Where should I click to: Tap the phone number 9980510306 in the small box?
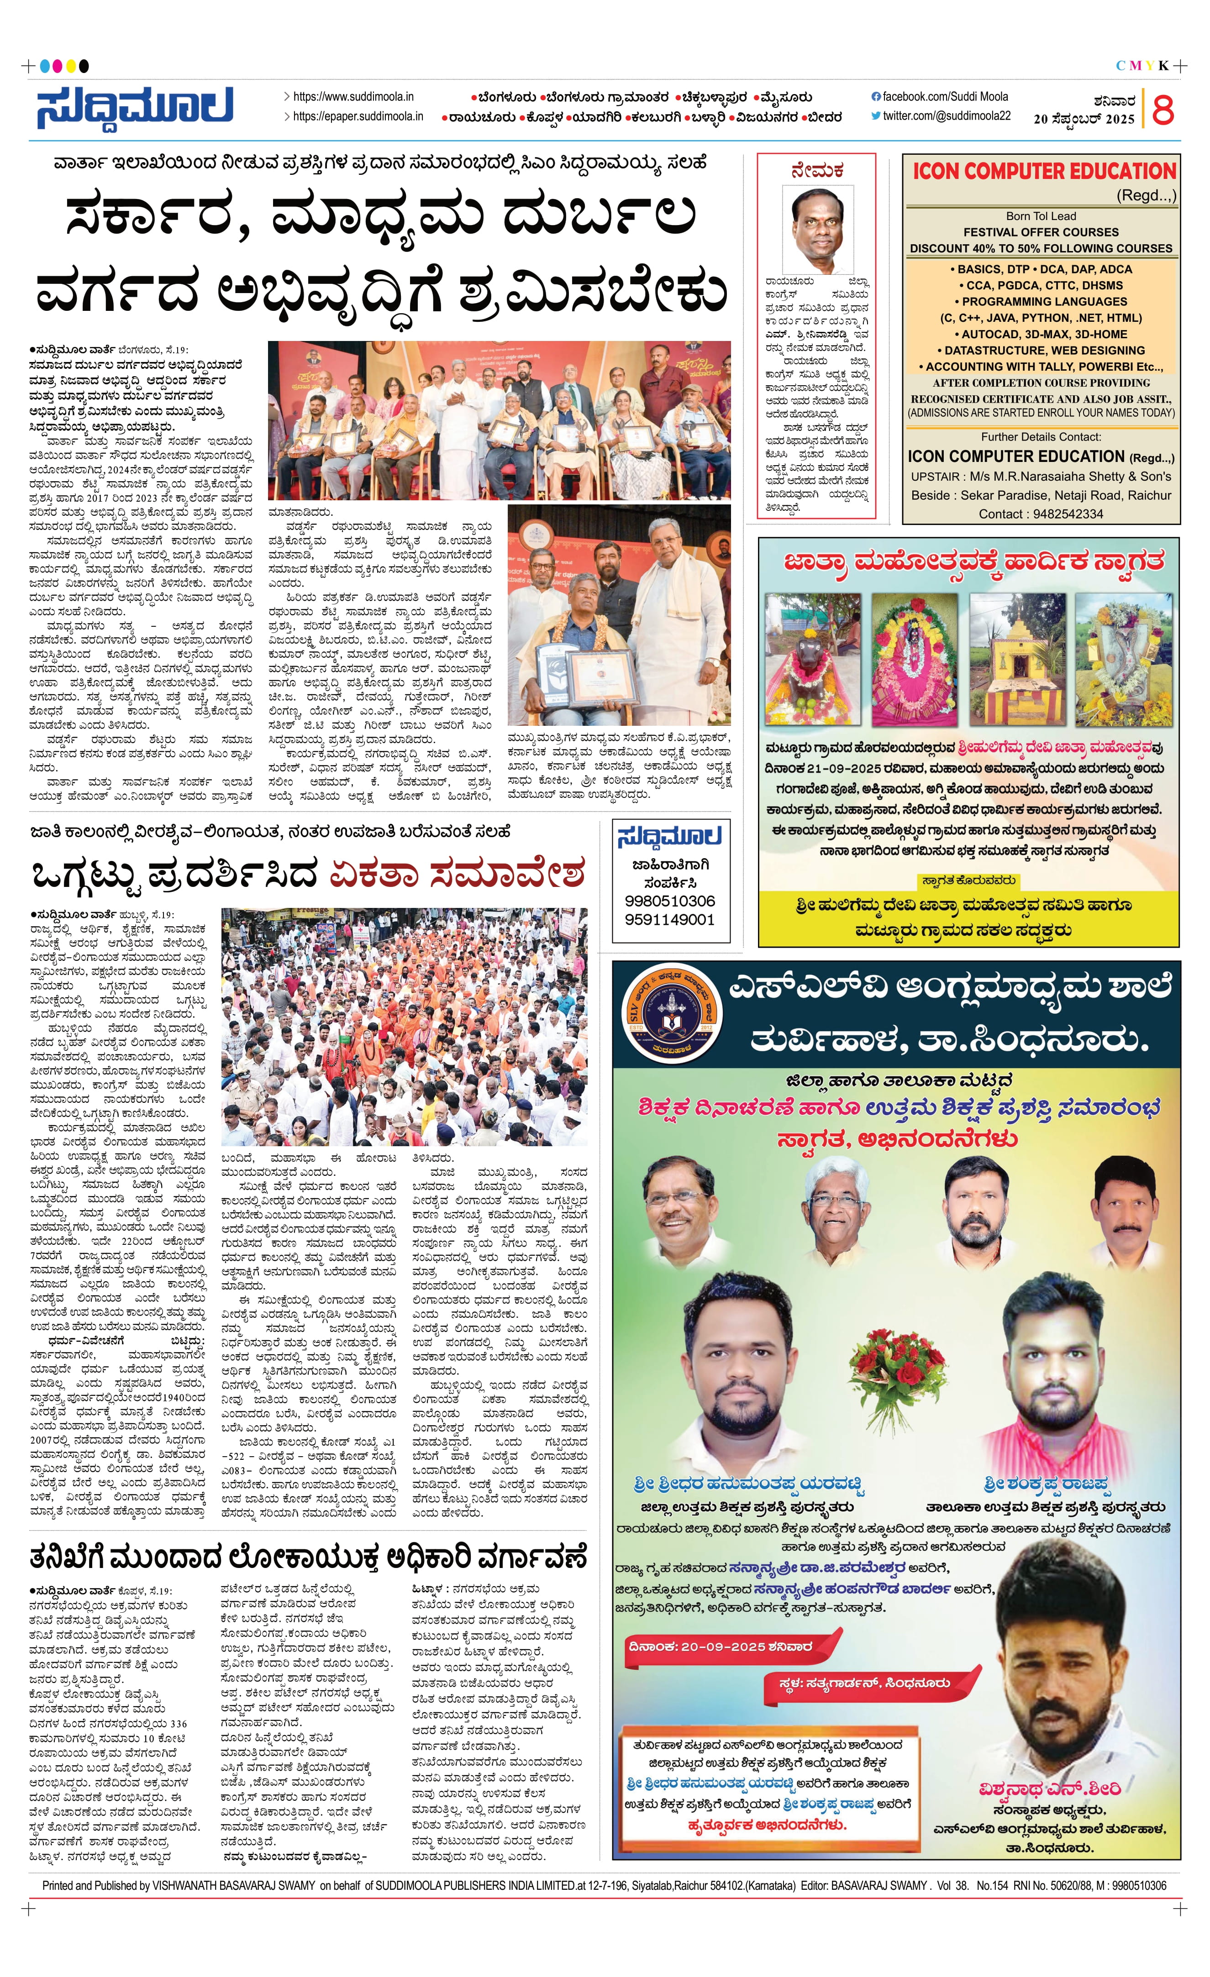pos(669,901)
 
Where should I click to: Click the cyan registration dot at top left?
pos(45,66)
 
